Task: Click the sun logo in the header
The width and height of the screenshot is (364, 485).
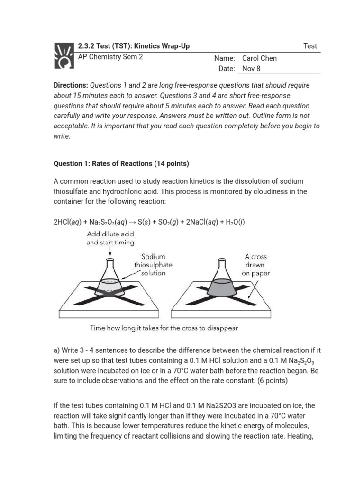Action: [64, 55]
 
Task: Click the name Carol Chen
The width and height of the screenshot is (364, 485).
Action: [259, 58]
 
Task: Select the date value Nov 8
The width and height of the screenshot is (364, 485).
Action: [251, 68]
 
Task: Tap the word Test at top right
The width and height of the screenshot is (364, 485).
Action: [310, 46]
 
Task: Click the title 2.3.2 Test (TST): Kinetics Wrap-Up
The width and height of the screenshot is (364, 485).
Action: [134, 46]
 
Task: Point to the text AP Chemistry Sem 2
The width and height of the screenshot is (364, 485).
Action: [110, 57]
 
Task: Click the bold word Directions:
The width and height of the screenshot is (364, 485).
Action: [71, 85]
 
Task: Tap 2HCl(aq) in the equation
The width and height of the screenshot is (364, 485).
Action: [69, 222]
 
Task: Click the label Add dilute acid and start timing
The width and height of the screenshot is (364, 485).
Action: [110, 238]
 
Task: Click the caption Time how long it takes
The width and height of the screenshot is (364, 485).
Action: [164, 328]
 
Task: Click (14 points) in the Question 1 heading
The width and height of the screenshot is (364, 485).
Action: [171, 164]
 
